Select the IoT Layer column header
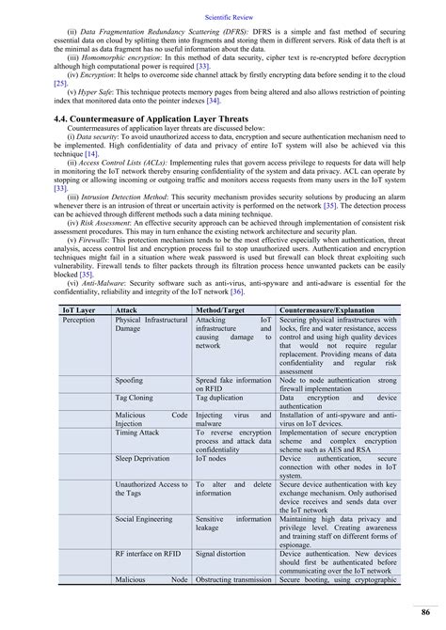[x=79, y=308]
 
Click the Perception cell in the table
[x=79, y=320]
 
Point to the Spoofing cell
[x=130, y=382]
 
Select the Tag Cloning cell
[x=133, y=399]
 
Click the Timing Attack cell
[x=136, y=433]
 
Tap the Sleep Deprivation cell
[x=142, y=459]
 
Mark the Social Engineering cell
[x=144, y=518]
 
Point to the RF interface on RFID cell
[x=149, y=553]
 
